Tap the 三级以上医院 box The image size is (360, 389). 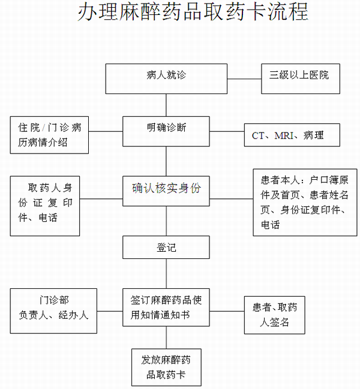tap(299, 76)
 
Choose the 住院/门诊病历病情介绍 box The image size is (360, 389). tap(50, 134)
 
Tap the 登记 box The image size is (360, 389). tap(166, 247)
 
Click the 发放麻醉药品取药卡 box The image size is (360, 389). tap(166, 367)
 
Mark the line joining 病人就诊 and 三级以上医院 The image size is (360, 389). tap(245, 78)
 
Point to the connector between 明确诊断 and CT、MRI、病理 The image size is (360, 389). tap(227, 132)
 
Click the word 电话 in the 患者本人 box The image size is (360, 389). tap(269, 225)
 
